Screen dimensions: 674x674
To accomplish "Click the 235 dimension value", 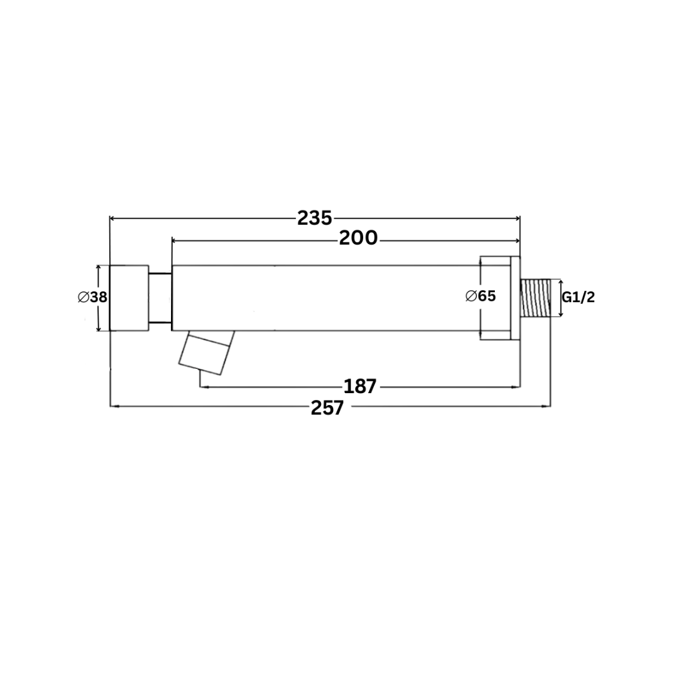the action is (315, 218).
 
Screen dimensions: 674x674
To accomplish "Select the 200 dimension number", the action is (358, 238).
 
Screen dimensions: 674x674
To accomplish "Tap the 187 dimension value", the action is (360, 386).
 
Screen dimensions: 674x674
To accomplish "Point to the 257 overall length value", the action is (328, 408).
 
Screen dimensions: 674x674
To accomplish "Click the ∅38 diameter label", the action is (92, 297).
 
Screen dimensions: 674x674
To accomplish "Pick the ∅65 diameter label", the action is (481, 296).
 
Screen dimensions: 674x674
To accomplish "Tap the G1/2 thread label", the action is (579, 297).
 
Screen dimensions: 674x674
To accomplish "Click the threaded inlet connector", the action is (535, 298).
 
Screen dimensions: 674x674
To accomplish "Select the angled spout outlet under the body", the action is (206, 353).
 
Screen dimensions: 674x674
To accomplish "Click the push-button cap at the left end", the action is (129, 298).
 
